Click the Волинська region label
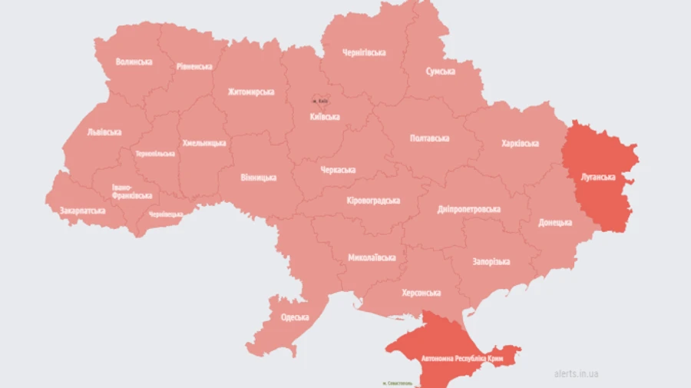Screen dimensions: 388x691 (134, 61)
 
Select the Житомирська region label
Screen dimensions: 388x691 (251, 92)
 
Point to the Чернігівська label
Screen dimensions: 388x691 (364, 52)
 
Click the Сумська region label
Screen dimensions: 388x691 (440, 71)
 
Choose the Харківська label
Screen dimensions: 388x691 (520, 144)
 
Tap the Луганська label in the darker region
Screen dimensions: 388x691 (597, 177)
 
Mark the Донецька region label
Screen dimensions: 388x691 (555, 222)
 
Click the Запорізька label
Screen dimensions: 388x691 (491, 261)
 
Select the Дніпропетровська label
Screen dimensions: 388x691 (469, 209)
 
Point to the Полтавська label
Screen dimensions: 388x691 (430, 138)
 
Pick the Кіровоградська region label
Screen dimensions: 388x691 (373, 201)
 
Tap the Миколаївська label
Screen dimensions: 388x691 (372, 257)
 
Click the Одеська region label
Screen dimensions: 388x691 (295, 317)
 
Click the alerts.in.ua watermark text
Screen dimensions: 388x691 (576, 374)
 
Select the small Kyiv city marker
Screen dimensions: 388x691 (320, 101)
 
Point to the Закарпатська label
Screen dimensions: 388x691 (82, 210)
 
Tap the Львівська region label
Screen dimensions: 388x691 (104, 132)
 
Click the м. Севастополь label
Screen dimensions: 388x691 (397, 382)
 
